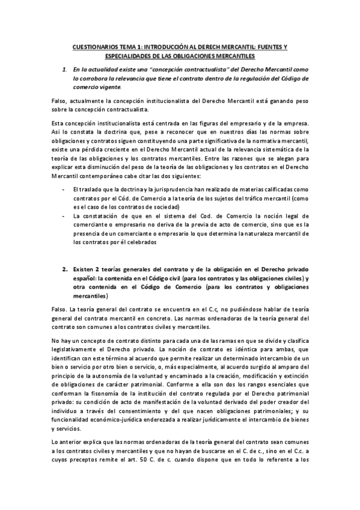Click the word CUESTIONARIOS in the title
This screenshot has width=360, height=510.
93,46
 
